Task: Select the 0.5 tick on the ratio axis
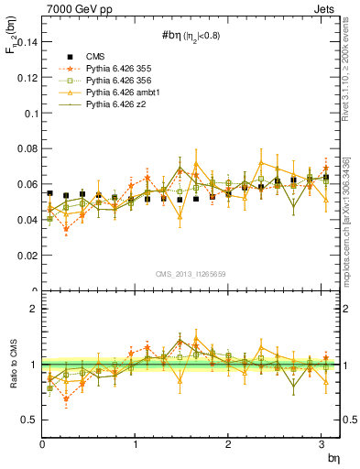(x=30, y=420)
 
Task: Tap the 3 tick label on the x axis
(x=322, y=444)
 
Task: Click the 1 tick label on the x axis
(x=136, y=444)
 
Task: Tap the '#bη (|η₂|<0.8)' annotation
(x=191, y=38)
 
